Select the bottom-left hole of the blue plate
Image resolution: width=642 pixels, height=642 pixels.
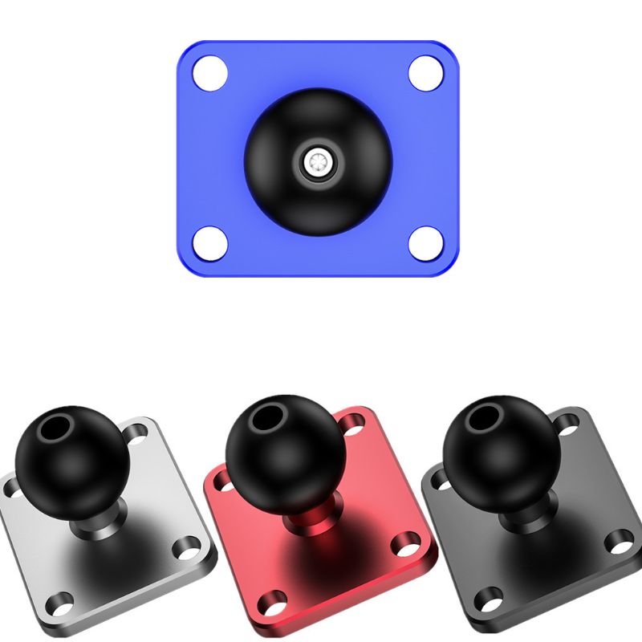point(210,241)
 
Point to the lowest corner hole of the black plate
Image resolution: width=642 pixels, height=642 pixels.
point(488,598)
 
